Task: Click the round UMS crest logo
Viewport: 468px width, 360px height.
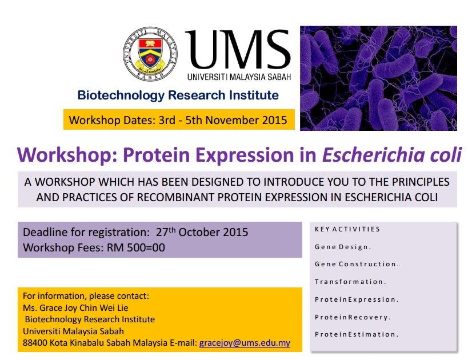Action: pos(150,54)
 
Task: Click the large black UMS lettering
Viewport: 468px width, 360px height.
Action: pos(238,49)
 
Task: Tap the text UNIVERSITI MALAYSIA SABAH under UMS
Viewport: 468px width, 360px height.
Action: pos(239,77)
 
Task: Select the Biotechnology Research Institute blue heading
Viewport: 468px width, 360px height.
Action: pos(178,95)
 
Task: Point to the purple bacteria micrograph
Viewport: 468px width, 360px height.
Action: pos(378,78)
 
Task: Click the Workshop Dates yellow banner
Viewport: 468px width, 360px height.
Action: pos(179,119)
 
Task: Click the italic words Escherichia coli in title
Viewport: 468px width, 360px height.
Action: pos(392,155)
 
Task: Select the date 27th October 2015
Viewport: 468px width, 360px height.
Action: pos(202,232)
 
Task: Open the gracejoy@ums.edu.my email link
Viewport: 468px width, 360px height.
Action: pos(245,343)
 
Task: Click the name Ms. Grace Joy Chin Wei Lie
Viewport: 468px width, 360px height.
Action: pos(75,307)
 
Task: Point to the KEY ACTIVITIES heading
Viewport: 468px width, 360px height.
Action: pos(347,229)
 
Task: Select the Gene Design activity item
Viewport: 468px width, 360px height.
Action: pos(343,247)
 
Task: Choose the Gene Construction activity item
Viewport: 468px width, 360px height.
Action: pos(357,264)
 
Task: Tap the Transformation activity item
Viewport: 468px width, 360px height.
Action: pos(350,282)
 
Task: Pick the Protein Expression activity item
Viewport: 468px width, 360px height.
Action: pos(357,299)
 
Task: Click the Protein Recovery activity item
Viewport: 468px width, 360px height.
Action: pos(353,317)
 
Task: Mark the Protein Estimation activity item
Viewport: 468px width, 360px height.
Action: pos(357,334)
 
